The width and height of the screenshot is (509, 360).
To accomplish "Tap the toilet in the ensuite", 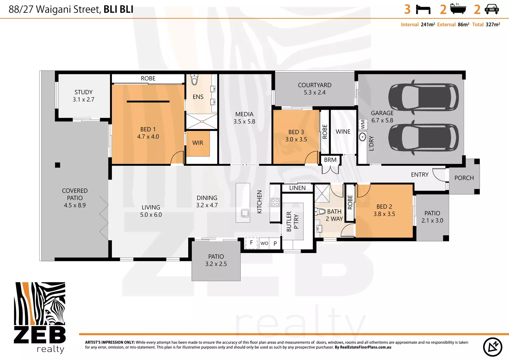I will point(194,80).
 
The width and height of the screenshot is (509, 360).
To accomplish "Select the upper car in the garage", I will point(423,97).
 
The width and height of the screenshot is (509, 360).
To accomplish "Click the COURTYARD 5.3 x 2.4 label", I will point(314,89).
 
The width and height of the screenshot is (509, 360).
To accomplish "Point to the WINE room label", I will point(343,132).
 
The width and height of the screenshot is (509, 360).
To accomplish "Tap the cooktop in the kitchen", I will point(275,202).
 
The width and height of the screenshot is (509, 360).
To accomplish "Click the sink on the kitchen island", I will point(245,213).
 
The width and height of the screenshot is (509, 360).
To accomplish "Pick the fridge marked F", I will point(252,243).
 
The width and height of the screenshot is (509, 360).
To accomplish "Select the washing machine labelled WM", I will point(362,125).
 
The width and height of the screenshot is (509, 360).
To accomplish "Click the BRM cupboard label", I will point(330,160).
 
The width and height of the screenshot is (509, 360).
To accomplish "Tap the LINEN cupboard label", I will point(297,188).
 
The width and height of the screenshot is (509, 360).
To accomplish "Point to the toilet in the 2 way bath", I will point(320,211).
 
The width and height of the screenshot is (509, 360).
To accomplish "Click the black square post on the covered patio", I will point(58,165).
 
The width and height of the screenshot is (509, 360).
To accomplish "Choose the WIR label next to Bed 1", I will point(198,143).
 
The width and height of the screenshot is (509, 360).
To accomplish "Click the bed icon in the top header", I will point(423,9).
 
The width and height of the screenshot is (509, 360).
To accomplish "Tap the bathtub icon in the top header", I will point(458,9).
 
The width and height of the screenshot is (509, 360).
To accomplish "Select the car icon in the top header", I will point(492,9).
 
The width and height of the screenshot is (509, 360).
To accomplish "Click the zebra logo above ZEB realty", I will point(40,304).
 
